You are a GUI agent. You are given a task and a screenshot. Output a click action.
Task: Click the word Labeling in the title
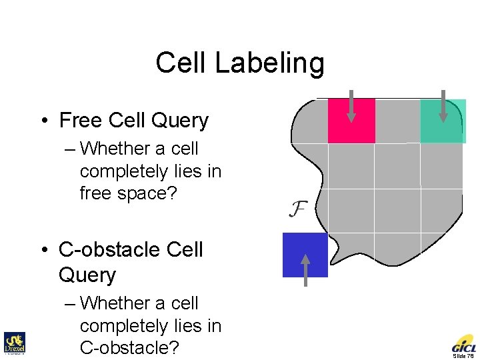click(x=275, y=64)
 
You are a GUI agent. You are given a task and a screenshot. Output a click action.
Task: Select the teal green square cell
click(x=443, y=121)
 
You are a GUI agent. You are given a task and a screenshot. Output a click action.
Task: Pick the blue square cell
click(x=305, y=255)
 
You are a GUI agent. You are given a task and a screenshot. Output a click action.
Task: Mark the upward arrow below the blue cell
click(x=305, y=269)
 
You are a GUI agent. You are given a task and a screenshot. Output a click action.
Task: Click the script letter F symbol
click(x=297, y=209)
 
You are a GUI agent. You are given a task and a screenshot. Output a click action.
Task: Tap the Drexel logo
click(x=14, y=343)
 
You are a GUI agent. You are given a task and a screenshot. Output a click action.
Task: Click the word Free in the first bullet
click(x=80, y=121)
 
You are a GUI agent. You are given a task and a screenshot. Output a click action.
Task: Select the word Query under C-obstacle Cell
click(x=87, y=275)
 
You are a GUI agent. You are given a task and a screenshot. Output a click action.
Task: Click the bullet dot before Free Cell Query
click(x=43, y=121)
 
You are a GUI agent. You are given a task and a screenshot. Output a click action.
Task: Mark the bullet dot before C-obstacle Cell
click(x=43, y=251)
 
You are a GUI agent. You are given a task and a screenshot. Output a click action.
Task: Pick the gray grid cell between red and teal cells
click(x=397, y=121)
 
